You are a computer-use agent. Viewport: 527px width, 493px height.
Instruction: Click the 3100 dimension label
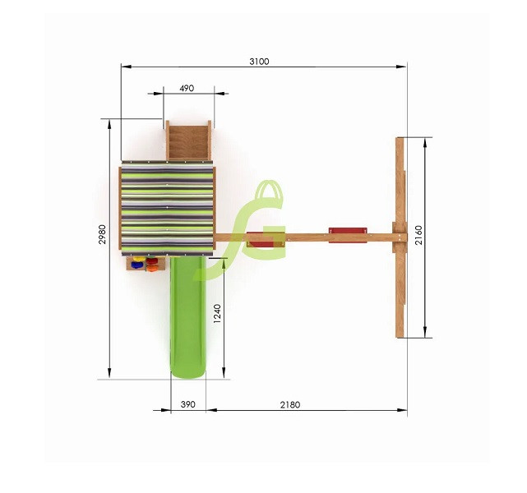pyautogui.click(x=259, y=62)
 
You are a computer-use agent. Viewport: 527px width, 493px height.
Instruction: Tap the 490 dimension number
pyautogui.click(x=187, y=88)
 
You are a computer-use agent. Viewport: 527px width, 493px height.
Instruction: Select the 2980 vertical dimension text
pyautogui.click(x=102, y=234)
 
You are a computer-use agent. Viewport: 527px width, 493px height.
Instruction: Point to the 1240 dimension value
pyautogui.click(x=217, y=313)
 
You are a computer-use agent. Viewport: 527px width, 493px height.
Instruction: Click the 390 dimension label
pyautogui.click(x=187, y=404)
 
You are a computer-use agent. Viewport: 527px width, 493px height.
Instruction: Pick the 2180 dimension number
pyautogui.click(x=290, y=405)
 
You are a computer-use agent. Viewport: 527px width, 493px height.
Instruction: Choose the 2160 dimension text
pyautogui.click(x=418, y=236)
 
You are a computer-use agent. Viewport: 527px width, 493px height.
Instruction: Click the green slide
pyautogui.click(x=187, y=317)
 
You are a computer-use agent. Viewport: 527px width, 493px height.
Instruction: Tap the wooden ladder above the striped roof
pyautogui.click(x=188, y=141)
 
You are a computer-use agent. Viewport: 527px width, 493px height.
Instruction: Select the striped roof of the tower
pyautogui.click(x=167, y=208)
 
